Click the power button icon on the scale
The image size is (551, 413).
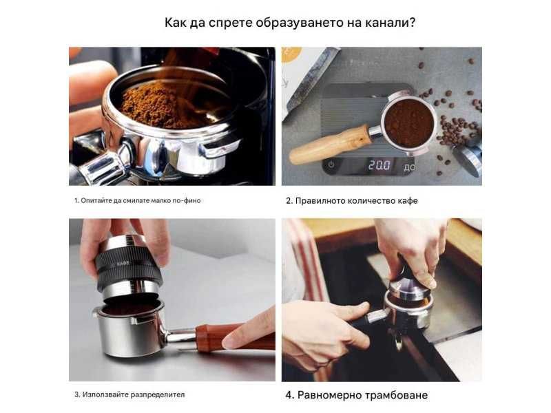[x=331, y=165]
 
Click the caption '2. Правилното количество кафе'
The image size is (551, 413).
[x=352, y=201]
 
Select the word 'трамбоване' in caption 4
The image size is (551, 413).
[x=397, y=395]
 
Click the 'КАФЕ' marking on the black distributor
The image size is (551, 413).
[x=123, y=263]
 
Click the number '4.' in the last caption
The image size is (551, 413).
[x=291, y=395]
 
